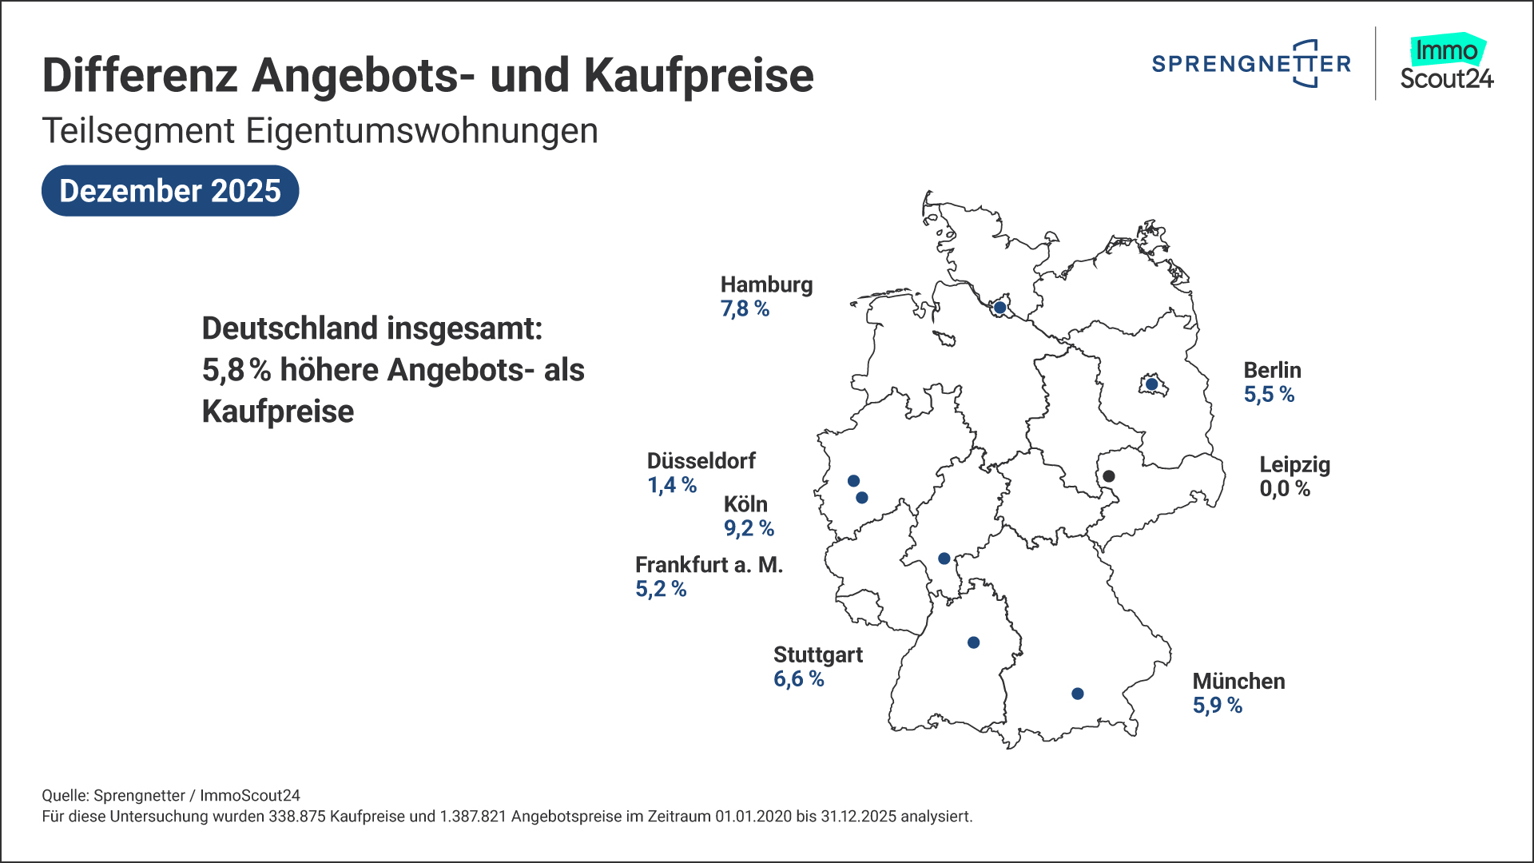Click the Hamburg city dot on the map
pos(999,308)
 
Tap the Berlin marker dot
pos(1151,384)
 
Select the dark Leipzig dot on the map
pos(1108,476)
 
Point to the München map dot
pos(1077,694)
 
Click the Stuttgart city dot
pos(973,642)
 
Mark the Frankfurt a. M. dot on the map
pos(944,559)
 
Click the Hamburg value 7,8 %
pos(745,309)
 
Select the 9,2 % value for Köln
pos(749,528)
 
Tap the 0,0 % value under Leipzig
pos(1285,489)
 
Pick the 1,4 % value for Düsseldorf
pos(672,485)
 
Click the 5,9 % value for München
pos(1218,706)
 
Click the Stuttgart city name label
pos(818,655)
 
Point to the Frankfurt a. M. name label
pos(709,565)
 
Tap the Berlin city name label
pos(1272,371)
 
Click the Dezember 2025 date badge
pos(170,191)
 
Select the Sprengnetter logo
pos(1251,63)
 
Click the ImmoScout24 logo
pos(1446,63)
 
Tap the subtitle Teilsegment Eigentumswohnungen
pos(320,131)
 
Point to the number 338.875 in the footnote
pos(297,817)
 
